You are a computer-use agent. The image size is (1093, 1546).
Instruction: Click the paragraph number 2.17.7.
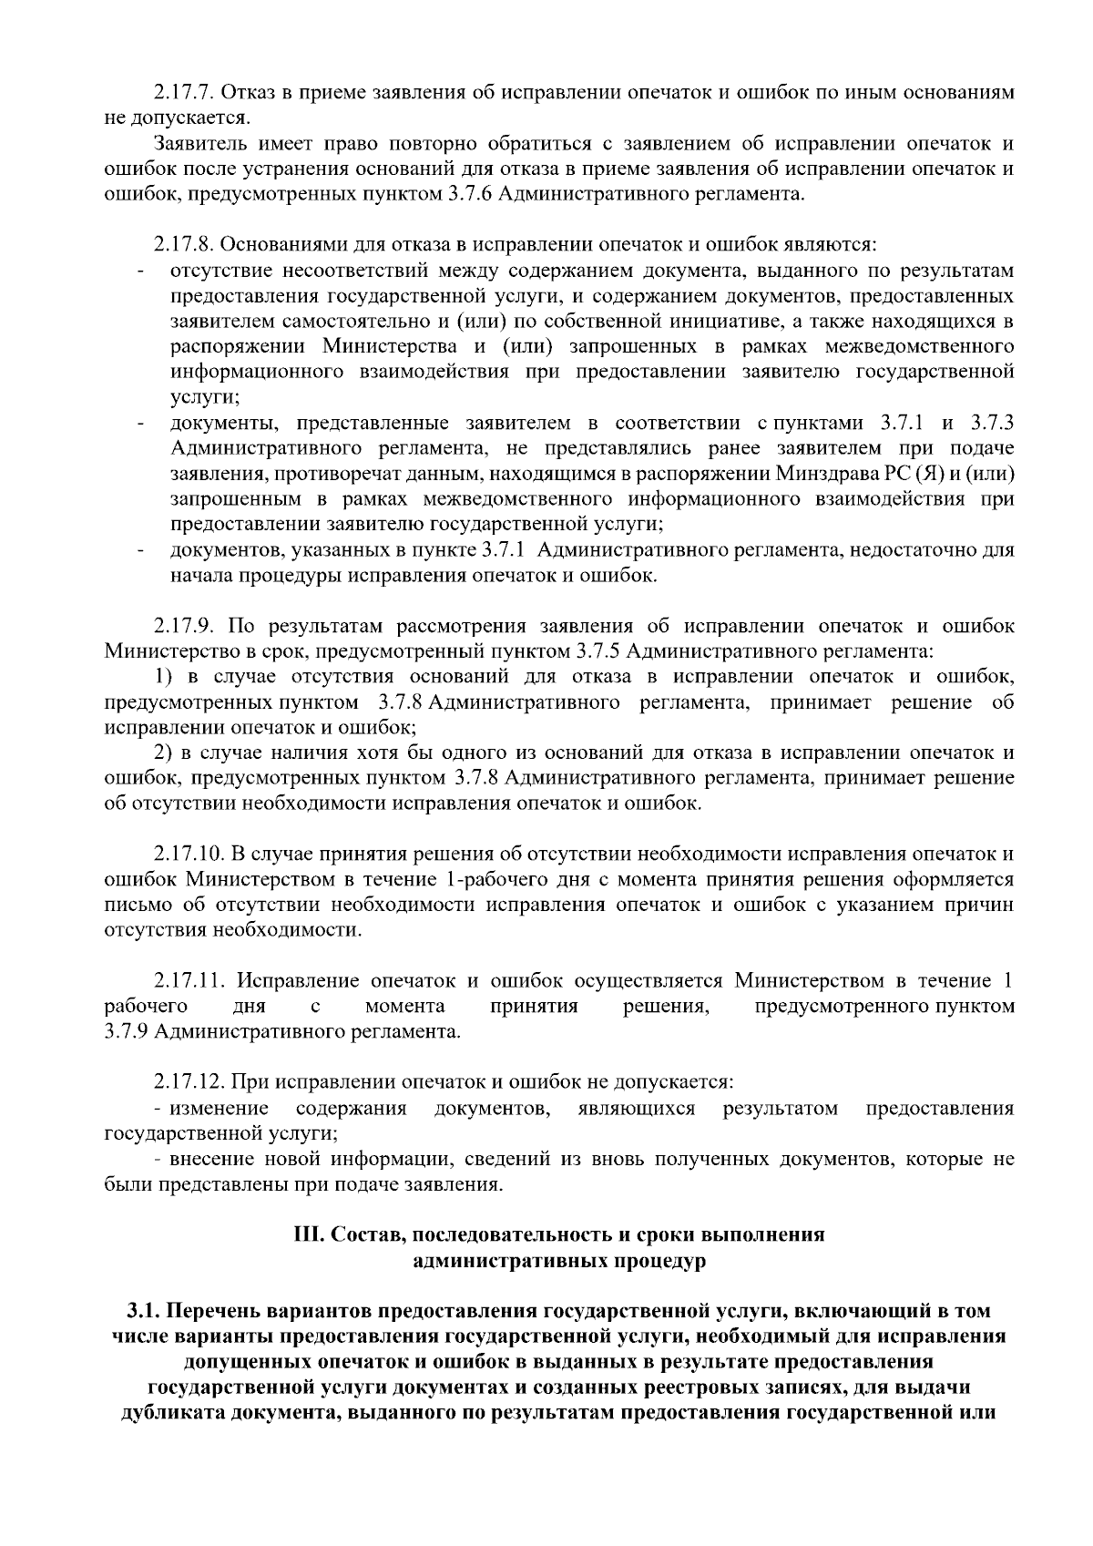click(x=183, y=93)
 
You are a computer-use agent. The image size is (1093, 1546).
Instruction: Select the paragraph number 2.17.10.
click(x=189, y=855)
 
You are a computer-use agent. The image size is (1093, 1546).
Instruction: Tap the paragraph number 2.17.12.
click(x=189, y=1082)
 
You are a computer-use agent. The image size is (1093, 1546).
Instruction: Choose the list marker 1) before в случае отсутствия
click(x=163, y=677)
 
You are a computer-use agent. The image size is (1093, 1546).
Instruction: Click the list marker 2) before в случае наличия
click(x=163, y=753)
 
